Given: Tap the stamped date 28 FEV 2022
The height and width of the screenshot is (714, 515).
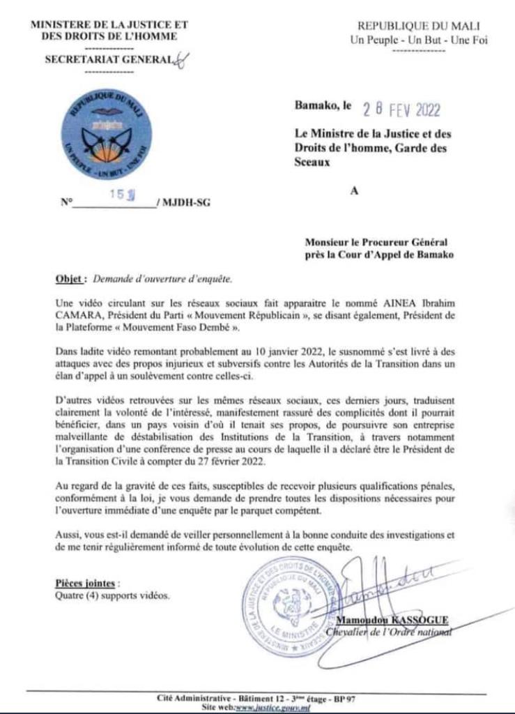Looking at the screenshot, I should point(401,110).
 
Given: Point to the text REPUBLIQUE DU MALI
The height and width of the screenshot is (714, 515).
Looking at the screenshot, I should point(418,26).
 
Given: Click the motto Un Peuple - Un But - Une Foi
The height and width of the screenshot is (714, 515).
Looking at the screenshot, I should point(418,40).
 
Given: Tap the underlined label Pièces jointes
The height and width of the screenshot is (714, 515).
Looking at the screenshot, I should point(82,583).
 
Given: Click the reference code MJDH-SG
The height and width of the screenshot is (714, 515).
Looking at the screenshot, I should point(185,203).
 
